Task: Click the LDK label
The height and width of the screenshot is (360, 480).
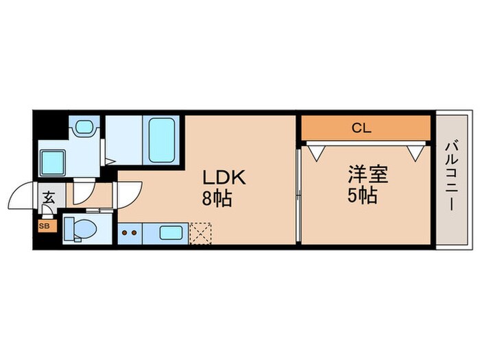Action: (x=222, y=177)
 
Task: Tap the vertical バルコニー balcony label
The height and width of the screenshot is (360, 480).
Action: (x=451, y=176)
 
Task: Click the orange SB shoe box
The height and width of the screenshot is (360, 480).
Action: (x=44, y=226)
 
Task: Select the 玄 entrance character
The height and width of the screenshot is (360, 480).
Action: (x=49, y=197)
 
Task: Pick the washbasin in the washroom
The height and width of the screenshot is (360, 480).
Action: (x=84, y=128)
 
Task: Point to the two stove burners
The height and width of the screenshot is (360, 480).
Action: (x=128, y=232)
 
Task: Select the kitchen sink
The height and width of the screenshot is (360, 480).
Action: (x=171, y=232)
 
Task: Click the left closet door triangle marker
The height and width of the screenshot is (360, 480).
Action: (x=317, y=152)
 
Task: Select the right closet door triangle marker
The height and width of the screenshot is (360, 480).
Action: (x=413, y=152)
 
